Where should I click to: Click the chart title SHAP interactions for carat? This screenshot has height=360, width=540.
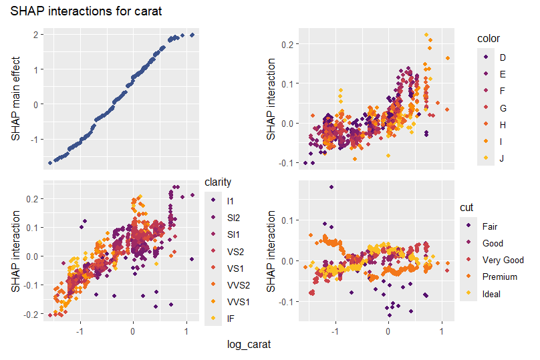pos(86,11)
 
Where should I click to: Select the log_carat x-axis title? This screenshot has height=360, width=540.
pos(249,345)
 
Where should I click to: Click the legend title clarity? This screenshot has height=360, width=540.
pos(218,182)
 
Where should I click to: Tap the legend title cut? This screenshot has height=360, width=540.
pos(466,208)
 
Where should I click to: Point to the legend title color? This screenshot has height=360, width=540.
pos(488,38)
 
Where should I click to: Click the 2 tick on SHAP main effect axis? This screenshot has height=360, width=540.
pos(34,34)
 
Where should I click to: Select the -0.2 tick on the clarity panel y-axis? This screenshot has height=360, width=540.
pos(31,313)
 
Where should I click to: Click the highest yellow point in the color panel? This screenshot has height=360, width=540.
pos(426,35)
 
